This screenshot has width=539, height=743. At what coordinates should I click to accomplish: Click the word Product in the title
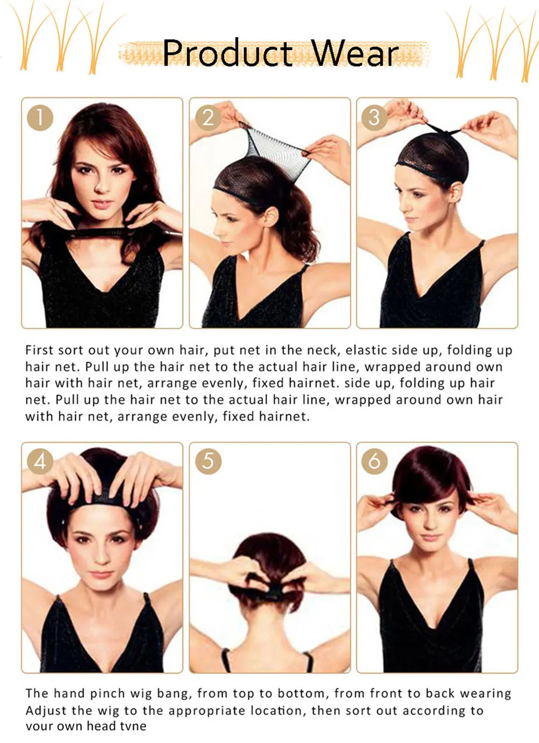[x=227, y=53]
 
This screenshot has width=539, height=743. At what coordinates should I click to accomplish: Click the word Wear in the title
[x=356, y=53]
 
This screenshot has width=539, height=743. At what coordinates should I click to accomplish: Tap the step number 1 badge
[x=40, y=117]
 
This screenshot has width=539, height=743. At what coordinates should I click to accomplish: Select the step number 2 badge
[x=208, y=117]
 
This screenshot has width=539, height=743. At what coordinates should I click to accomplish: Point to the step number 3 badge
[x=375, y=117]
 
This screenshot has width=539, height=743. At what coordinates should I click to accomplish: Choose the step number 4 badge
[x=40, y=461]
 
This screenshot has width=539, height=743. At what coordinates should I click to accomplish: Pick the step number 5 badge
[x=208, y=461]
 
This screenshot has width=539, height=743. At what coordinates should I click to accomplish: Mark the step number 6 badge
[x=375, y=461]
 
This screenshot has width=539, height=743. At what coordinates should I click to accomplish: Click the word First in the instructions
[x=39, y=350]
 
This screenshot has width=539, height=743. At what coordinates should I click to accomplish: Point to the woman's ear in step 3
[x=458, y=194]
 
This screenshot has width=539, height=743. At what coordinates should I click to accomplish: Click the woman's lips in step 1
[x=101, y=203]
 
